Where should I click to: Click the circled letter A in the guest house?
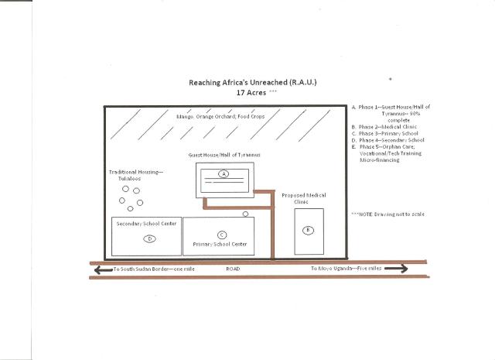224,174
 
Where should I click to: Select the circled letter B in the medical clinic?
307,230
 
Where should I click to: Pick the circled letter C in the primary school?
222,235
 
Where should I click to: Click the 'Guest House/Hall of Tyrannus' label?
224,156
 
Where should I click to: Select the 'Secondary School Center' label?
146,224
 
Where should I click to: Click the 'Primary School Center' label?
219,245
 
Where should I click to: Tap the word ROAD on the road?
234,269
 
